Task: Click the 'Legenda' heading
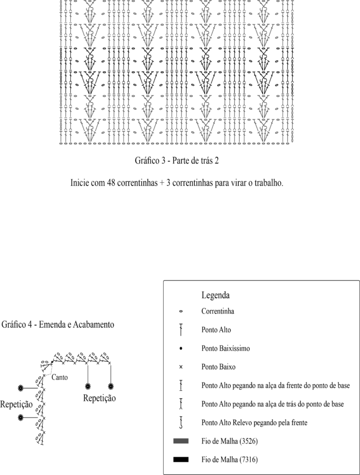click(x=216, y=295)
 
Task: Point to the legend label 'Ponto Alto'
click(x=216, y=330)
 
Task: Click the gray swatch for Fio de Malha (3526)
click(x=181, y=441)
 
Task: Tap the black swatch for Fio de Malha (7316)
click(x=181, y=460)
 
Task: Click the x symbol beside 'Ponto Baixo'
click(x=181, y=366)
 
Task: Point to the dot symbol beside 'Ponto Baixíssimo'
click(x=181, y=348)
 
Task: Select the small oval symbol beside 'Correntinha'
click(x=181, y=312)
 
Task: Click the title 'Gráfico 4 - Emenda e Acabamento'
click(x=58, y=324)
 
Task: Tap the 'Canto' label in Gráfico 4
click(x=59, y=377)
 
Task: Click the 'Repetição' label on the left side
click(x=16, y=404)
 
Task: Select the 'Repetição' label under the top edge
click(x=99, y=398)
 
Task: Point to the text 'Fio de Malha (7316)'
click(x=230, y=460)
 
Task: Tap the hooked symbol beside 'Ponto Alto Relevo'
click(x=181, y=422)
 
